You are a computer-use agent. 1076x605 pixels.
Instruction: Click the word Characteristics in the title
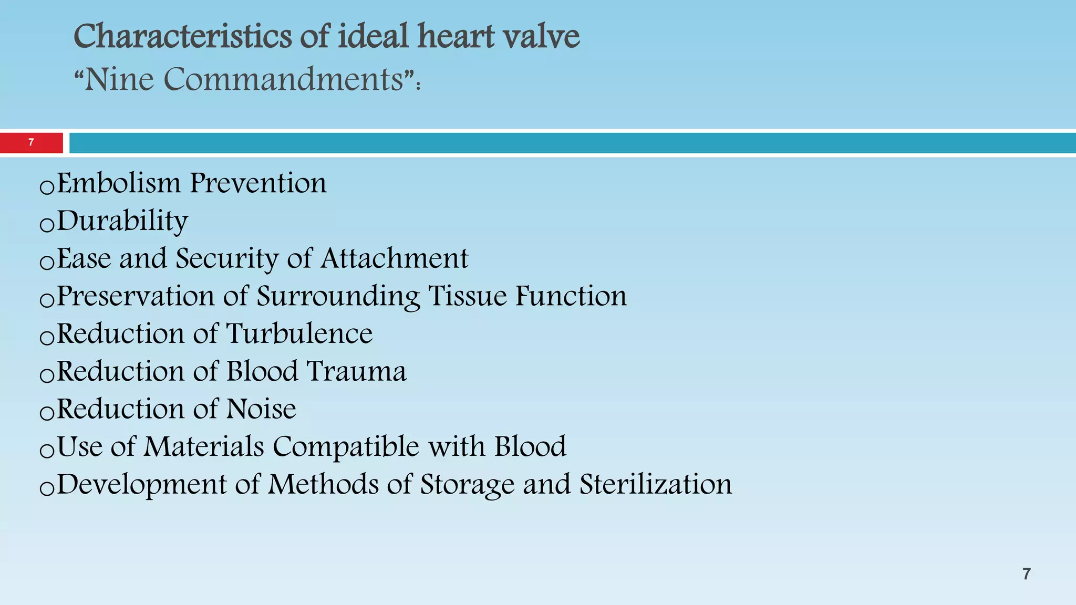182,37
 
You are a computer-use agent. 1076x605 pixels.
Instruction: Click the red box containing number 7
31,142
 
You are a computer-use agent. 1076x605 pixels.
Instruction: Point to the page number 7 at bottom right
1027,573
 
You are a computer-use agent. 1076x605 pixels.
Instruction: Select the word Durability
122,221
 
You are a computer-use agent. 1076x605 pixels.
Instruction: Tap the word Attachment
394,258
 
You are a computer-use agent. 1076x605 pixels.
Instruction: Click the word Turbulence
299,334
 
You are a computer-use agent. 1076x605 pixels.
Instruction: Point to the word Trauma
356,372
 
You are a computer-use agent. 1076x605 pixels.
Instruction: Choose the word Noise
261,409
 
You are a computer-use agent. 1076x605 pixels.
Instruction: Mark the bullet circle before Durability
47,225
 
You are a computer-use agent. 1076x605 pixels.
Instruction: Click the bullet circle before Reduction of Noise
47,413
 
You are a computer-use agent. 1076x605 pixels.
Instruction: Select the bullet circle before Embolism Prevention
47,187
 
